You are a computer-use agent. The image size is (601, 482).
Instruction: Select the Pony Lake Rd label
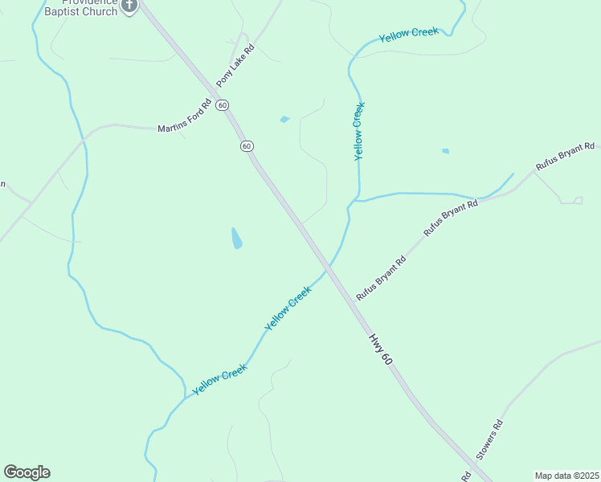tap(235, 67)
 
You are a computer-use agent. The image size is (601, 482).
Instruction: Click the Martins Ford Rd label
tap(184, 116)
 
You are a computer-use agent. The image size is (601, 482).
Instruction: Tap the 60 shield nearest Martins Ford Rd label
tap(223, 105)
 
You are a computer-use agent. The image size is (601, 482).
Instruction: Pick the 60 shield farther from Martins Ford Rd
tap(247, 145)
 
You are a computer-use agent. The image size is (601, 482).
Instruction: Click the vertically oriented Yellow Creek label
tap(359, 131)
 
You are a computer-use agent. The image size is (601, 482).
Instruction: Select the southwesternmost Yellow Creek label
tap(219, 380)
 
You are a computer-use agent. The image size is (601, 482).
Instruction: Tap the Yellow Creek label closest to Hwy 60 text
tap(288, 308)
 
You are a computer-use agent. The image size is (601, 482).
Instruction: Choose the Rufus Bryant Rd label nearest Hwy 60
tap(381, 279)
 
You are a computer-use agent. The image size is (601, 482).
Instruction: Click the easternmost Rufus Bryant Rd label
tap(566, 157)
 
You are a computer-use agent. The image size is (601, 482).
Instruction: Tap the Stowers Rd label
tap(489, 439)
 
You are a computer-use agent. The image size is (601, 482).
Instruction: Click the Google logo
tap(27, 472)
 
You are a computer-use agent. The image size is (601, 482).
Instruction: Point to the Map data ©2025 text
tap(566, 476)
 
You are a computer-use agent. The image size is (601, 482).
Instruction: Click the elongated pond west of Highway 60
tap(236, 238)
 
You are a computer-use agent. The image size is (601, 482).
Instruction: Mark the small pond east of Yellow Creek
tap(445, 150)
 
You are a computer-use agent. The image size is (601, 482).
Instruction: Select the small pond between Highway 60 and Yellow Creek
tap(284, 120)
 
